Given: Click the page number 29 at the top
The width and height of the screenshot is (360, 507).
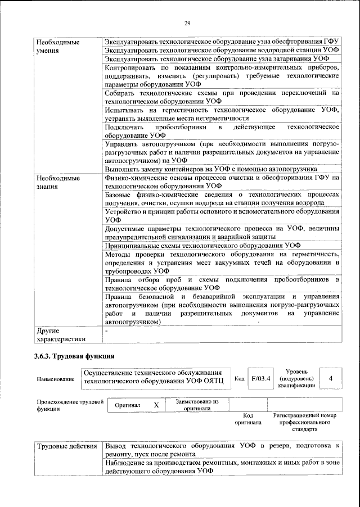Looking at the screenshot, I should coord(188,22).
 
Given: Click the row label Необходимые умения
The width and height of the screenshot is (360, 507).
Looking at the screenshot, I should coord(56,46).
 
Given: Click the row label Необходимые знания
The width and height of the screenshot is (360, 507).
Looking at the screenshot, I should coord(56,182).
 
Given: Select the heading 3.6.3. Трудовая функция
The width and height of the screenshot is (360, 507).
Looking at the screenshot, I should coord(74,356).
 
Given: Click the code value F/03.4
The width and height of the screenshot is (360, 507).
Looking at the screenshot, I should coord(260,378).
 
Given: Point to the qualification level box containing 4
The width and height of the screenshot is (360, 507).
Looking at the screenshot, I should coord(331,378).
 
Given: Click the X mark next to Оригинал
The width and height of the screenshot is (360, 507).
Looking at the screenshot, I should coord(156,405).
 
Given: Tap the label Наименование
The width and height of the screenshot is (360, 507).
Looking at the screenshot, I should coord(56,379).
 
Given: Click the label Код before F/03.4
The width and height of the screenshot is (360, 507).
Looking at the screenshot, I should coord(239,378).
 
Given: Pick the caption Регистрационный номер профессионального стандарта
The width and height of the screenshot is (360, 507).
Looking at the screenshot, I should coord(304,422).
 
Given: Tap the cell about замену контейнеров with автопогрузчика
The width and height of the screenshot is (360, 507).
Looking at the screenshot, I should coord(222,169).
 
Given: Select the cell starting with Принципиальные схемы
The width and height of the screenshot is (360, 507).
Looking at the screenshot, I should coord(222,245).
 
